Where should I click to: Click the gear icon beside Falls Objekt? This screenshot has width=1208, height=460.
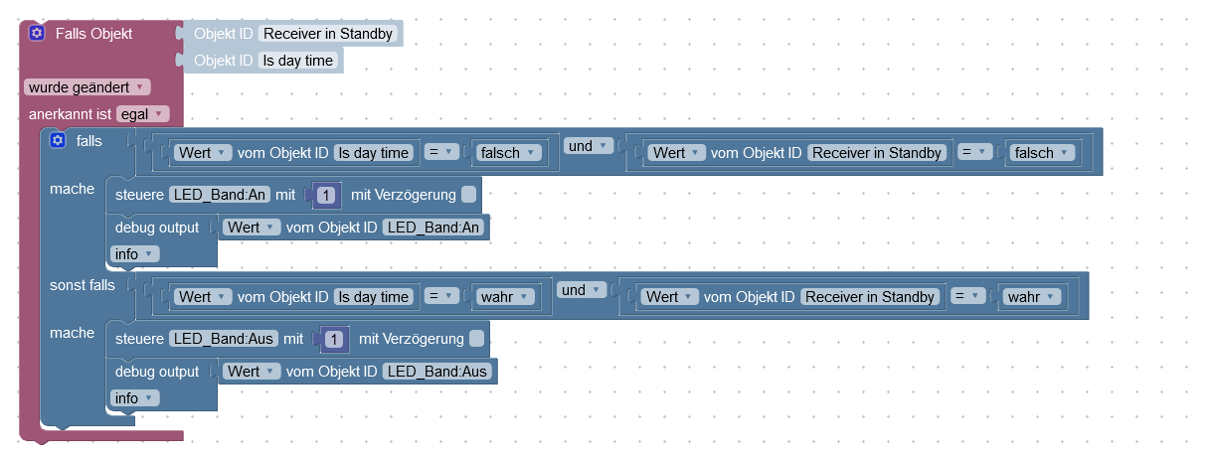pyautogui.click(x=36, y=33)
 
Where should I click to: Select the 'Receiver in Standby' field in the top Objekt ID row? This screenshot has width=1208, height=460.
pyautogui.click(x=328, y=34)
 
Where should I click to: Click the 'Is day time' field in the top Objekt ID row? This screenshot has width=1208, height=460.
pyautogui.click(x=297, y=61)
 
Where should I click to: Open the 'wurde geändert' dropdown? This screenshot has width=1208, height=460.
pyautogui.click(x=87, y=86)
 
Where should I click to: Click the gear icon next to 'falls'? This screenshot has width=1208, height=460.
pyautogui.click(x=58, y=141)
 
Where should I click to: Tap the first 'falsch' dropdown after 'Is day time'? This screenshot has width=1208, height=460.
pyautogui.click(x=507, y=153)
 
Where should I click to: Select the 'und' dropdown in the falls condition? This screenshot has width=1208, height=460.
pyautogui.click(x=586, y=146)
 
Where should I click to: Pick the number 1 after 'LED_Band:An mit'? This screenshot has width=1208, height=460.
pyautogui.click(x=327, y=196)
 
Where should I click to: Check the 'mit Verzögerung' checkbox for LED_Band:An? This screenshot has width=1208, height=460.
pyautogui.click(x=469, y=194)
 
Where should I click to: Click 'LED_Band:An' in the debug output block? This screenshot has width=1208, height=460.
pyautogui.click(x=433, y=228)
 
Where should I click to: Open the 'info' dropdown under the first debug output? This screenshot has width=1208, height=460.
pyautogui.click(x=134, y=254)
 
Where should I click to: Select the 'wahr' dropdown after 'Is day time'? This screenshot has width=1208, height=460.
pyautogui.click(x=504, y=297)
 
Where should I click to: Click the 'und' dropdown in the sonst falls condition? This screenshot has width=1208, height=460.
pyautogui.click(x=582, y=290)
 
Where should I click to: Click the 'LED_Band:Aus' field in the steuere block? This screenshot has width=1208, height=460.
pyautogui.click(x=224, y=339)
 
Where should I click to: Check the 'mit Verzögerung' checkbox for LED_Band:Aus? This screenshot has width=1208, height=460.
pyautogui.click(x=477, y=339)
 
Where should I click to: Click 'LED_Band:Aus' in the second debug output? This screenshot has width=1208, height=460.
pyautogui.click(x=437, y=372)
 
